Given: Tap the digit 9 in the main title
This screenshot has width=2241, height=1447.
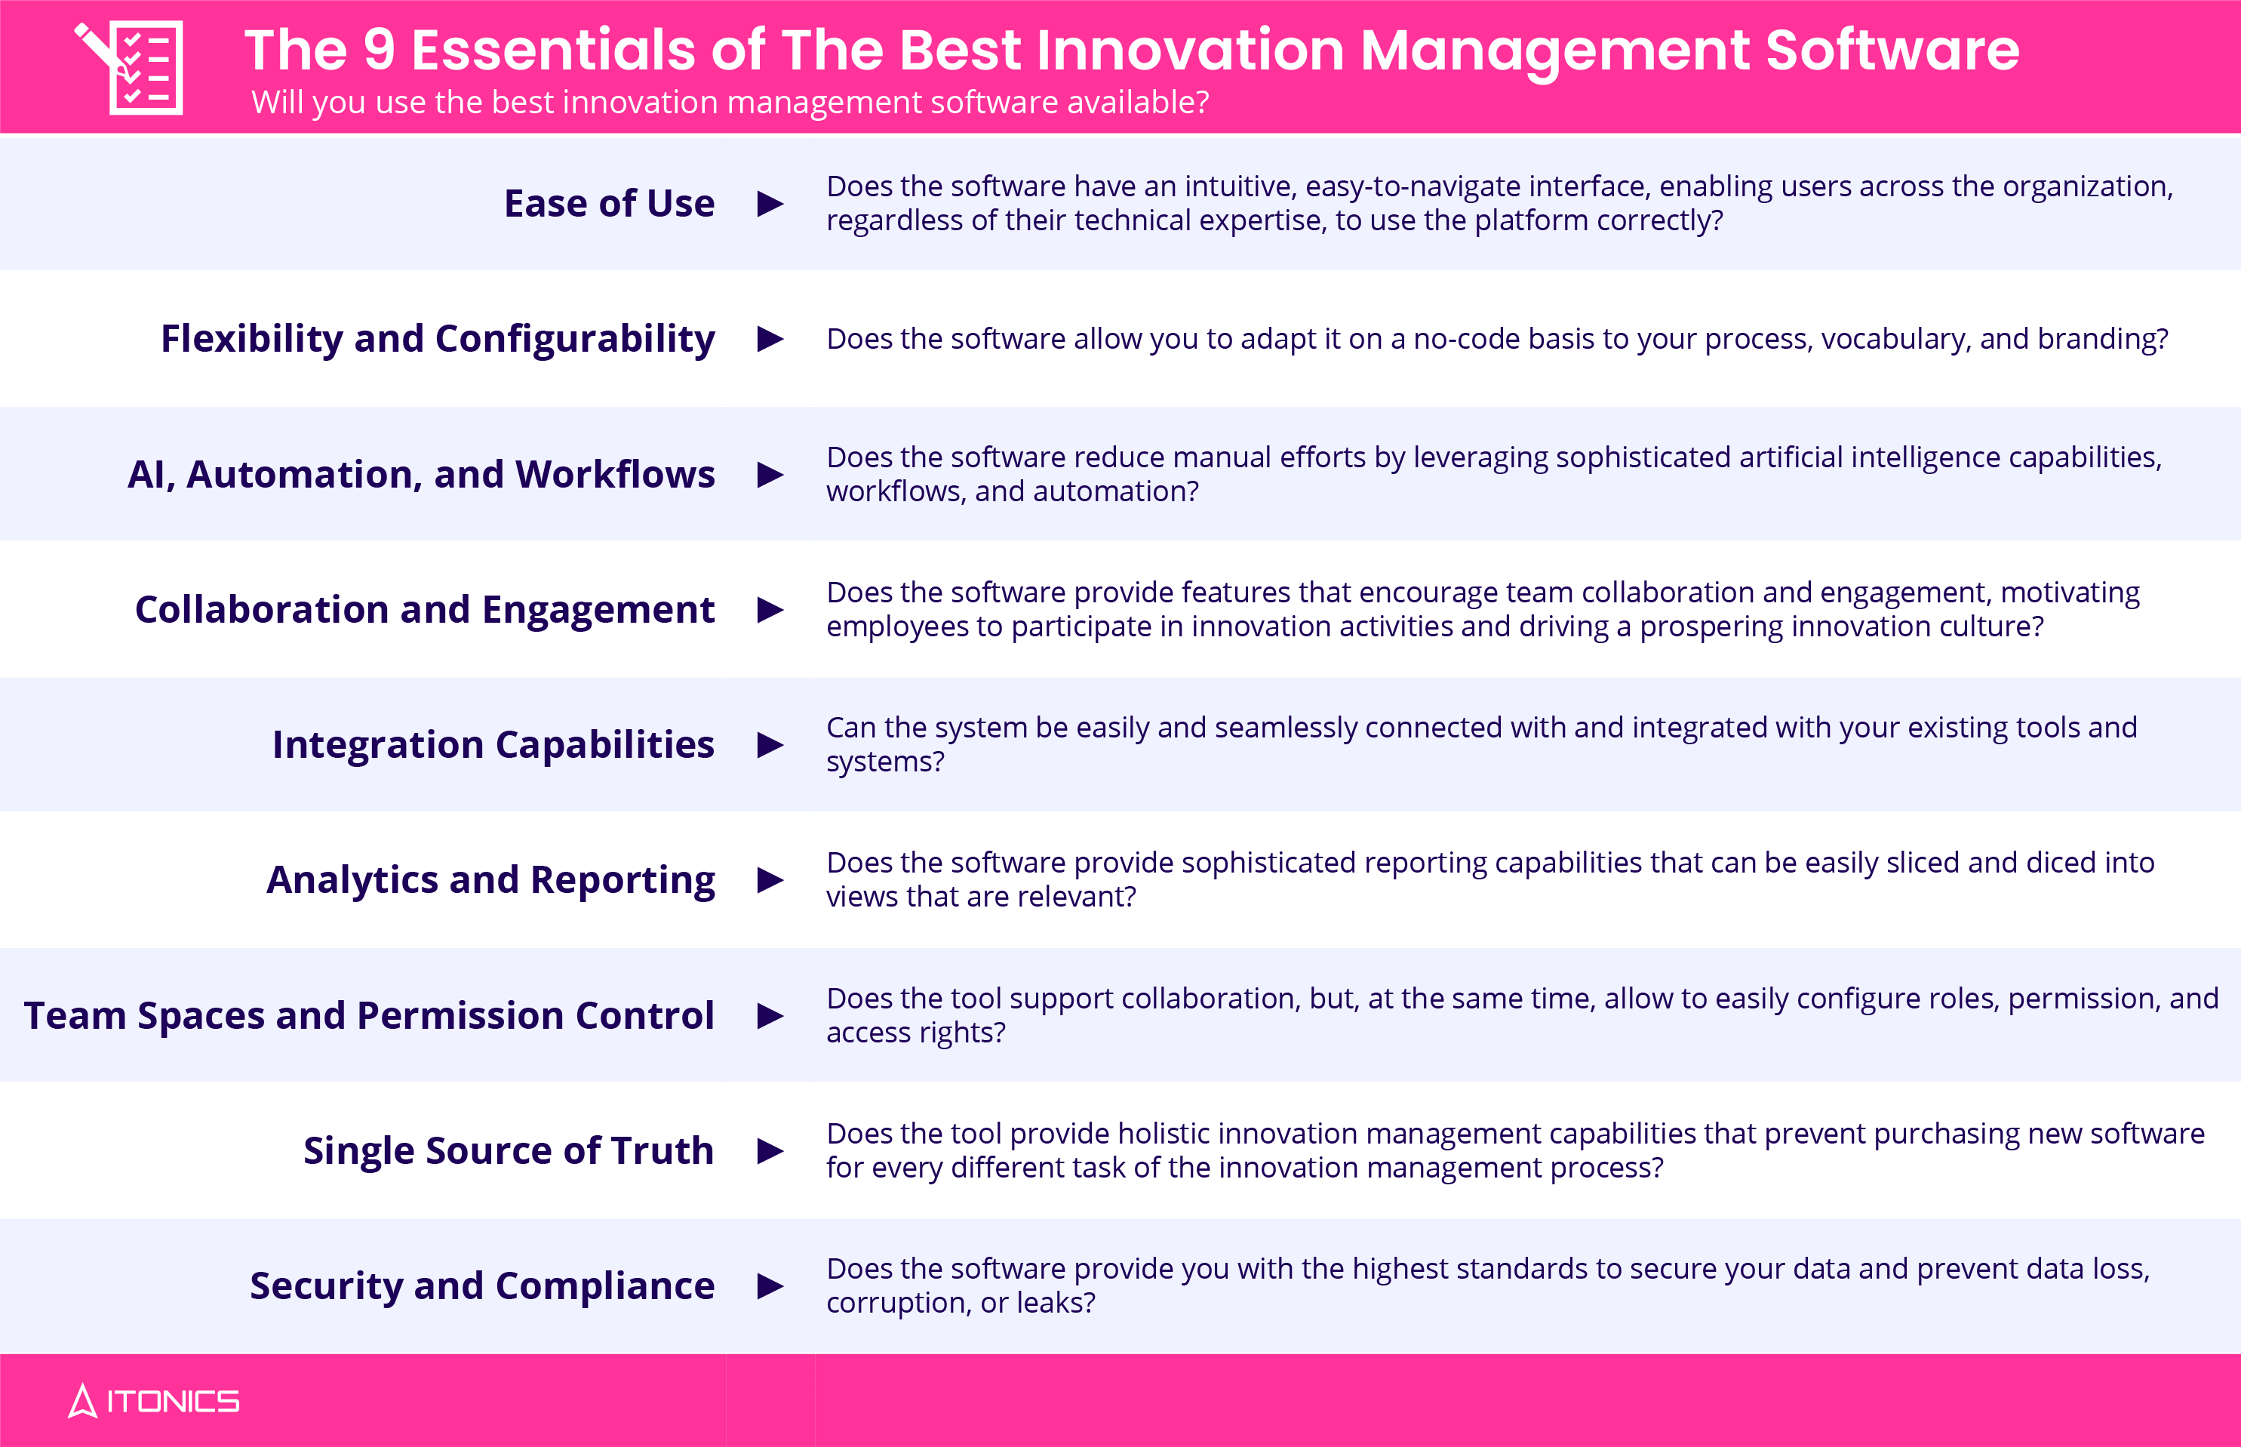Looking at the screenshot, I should tap(379, 50).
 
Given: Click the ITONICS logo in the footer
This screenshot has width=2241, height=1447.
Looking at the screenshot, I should tap(154, 1401).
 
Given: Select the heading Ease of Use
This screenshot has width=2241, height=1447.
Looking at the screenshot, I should tap(609, 203).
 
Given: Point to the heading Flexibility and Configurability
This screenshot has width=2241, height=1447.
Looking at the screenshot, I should tap(438, 338).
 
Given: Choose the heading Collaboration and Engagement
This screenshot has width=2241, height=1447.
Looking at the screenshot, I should tap(425, 610).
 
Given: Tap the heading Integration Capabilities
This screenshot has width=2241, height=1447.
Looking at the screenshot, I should tap(493, 745).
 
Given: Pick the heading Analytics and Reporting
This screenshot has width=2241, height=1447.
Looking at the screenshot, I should tap(490, 880).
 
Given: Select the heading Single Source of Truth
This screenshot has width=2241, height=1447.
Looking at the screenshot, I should tap(508, 1151).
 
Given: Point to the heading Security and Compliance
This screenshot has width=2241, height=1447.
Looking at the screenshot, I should tap(482, 1286).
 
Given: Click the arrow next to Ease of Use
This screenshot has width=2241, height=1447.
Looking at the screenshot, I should tap(770, 203).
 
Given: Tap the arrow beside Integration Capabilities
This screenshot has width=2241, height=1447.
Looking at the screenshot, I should tap(770, 745).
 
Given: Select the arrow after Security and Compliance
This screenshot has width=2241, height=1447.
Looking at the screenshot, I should tap(770, 1285).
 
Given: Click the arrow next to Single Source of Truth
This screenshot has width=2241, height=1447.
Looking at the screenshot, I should tap(770, 1151).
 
